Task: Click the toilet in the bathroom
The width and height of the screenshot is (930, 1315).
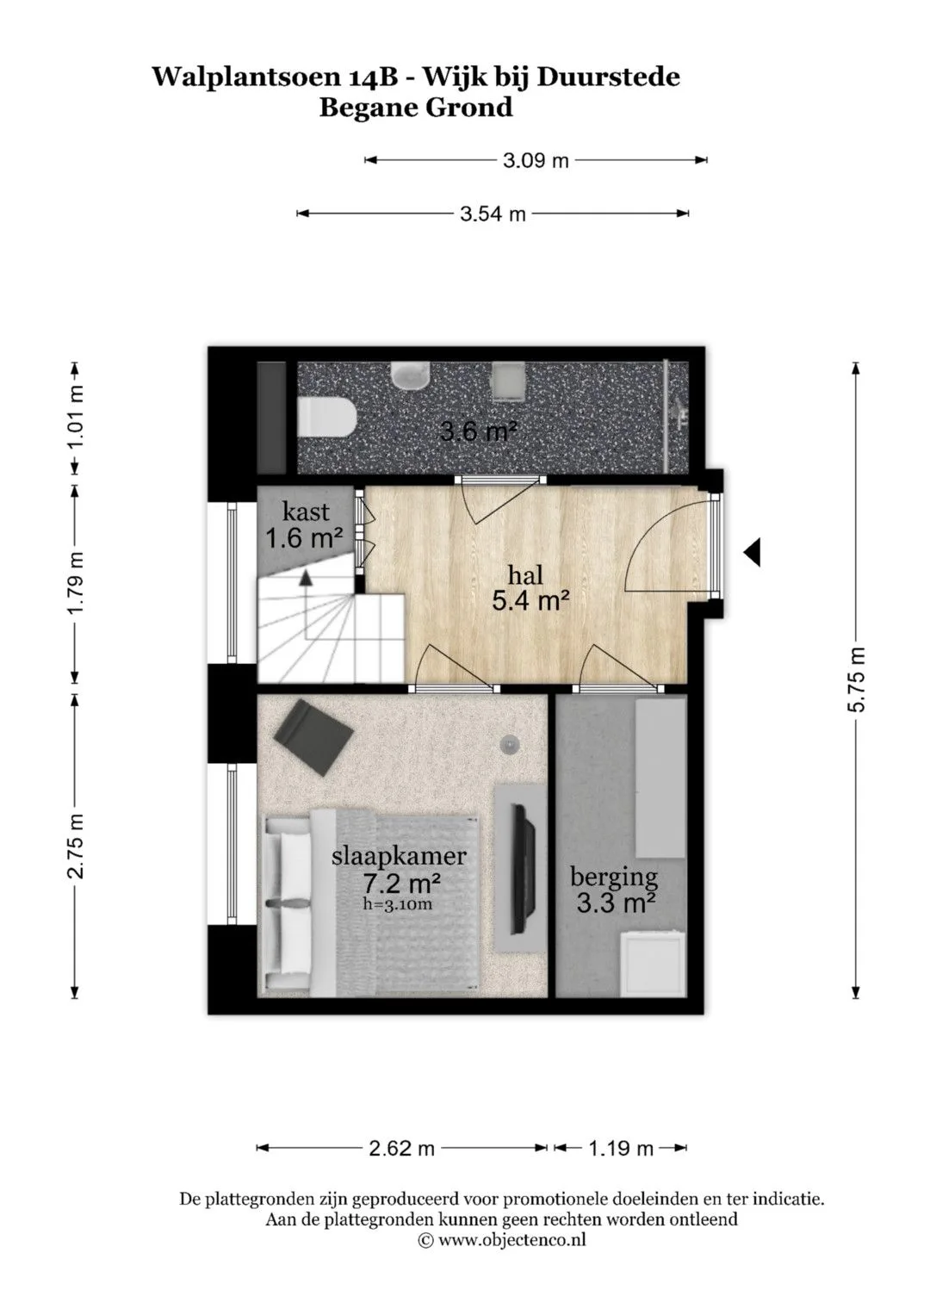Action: click(x=326, y=418)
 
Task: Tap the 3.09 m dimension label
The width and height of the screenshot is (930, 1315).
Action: click(x=536, y=160)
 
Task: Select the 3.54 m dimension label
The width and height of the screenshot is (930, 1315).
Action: click(x=492, y=214)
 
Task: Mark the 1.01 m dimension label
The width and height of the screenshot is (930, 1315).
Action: click(x=75, y=419)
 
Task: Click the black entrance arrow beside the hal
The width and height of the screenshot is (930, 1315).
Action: click(x=752, y=552)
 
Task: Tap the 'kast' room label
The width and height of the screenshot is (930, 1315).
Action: click(x=306, y=512)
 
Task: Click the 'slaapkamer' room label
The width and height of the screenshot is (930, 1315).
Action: click(x=399, y=856)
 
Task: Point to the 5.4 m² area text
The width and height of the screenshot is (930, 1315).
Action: click(x=530, y=601)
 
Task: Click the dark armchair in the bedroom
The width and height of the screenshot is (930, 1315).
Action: click(x=313, y=737)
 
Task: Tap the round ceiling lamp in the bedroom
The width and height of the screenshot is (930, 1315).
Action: click(x=509, y=745)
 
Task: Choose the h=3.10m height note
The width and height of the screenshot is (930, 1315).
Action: click(x=398, y=904)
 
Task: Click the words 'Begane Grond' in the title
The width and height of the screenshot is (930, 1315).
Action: click(x=416, y=108)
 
